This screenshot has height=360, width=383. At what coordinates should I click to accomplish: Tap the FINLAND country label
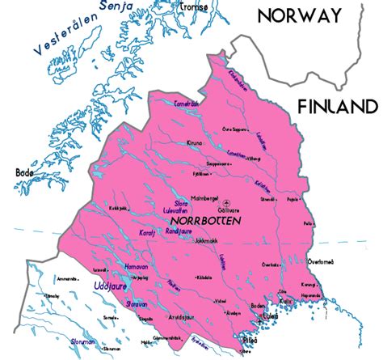click(337, 107)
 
